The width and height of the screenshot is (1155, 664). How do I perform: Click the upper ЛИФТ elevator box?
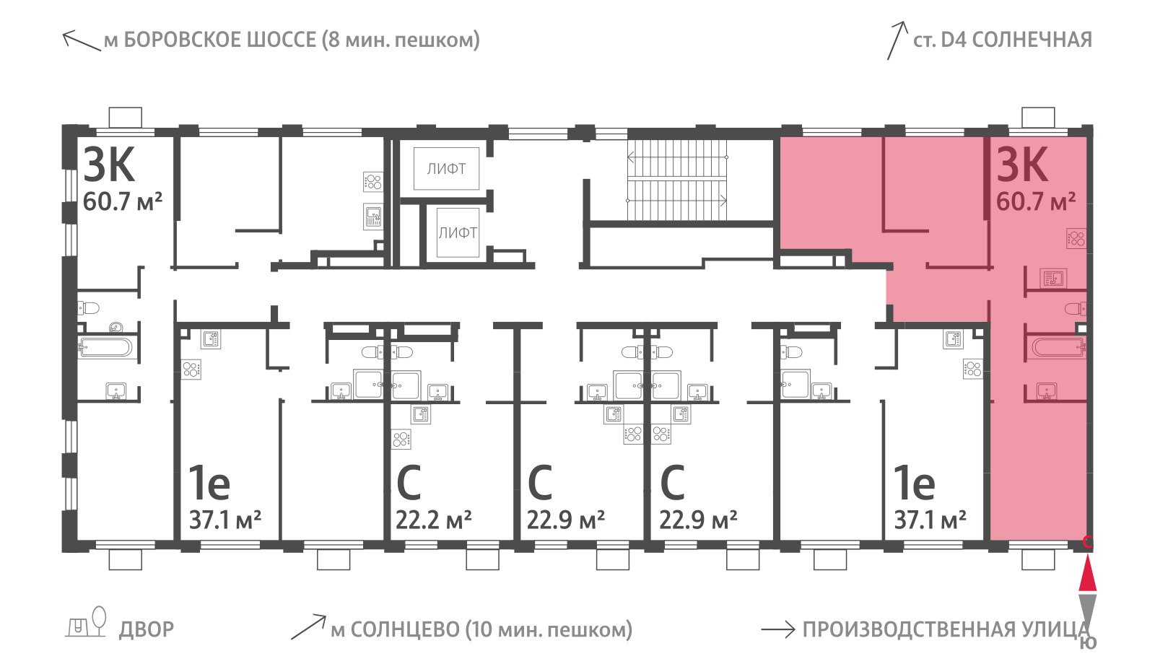(446, 169)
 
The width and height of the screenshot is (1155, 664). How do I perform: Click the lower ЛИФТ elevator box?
(458, 232)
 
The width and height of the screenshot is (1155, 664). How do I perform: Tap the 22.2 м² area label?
(433, 520)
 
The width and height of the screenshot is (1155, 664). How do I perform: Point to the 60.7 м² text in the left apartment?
(123, 201)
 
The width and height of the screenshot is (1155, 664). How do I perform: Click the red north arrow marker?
(1087, 572)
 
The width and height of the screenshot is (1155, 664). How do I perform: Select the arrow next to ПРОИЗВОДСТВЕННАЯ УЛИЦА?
(778, 629)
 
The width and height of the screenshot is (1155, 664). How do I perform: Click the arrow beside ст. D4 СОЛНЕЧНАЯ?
(897, 40)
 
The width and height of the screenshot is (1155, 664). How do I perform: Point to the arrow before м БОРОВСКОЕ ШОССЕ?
(82, 40)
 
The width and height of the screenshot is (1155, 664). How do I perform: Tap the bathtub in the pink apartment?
(1059, 347)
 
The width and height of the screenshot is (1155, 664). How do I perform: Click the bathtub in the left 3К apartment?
(105, 347)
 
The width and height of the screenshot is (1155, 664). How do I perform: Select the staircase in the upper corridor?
(676, 179)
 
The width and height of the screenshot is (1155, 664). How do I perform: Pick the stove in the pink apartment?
(1076, 239)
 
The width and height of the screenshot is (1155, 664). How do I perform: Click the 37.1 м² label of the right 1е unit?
(930, 520)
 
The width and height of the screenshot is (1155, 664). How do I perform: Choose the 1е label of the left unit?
(209, 483)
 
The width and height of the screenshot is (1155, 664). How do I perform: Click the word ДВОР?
(147, 630)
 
